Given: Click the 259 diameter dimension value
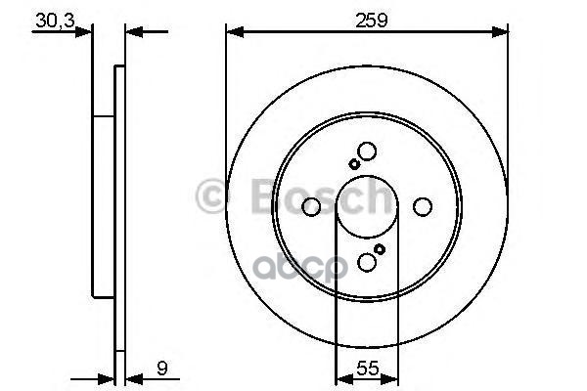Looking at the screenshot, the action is pos(371,21).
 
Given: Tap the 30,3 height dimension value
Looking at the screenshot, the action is pos(55,21).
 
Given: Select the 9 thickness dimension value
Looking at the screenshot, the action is pos(162,369).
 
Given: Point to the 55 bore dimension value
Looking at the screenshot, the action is pos(367,369).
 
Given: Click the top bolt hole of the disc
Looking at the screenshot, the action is pos(367,152).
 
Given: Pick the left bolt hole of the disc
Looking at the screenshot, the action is pos(311,207).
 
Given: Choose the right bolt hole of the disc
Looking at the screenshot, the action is pos(423,207).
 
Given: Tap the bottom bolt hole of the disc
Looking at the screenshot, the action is pos(367,262).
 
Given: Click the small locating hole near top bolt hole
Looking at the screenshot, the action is pos(354,164).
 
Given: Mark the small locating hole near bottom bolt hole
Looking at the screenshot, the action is pos(380,249).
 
